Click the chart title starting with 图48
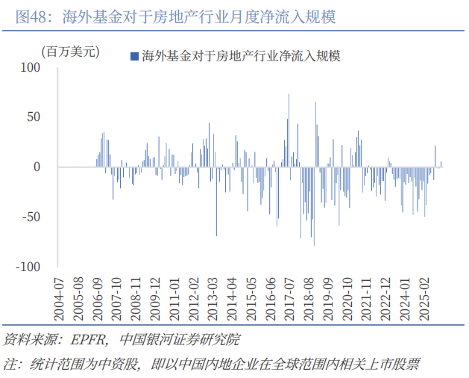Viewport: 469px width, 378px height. [175, 16]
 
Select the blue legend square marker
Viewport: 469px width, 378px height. [133, 56]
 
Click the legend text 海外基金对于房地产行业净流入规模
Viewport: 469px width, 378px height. [240, 56]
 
